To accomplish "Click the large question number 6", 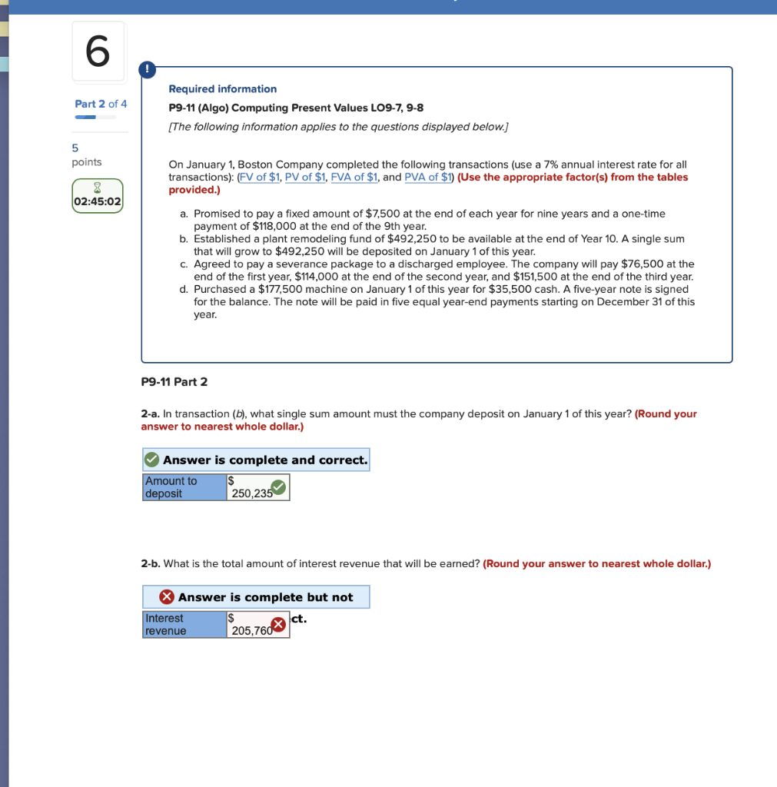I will (98, 51).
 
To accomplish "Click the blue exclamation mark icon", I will (148, 70).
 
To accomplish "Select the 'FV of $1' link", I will (260, 178).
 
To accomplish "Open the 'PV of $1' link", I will (305, 178).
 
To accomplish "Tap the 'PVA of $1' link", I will (428, 178).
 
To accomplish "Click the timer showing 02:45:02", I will (98, 201).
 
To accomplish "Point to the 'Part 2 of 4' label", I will (101, 104).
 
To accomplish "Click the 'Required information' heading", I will (222, 89).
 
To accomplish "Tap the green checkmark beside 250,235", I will (278, 487).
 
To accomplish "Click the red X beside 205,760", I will (278, 625).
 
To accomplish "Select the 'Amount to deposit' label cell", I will (184, 487).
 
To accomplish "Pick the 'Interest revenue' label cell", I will (184, 625).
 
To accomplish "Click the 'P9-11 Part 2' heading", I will (174, 382).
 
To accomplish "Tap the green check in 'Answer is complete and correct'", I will (152, 460).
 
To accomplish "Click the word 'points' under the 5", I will (87, 162).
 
